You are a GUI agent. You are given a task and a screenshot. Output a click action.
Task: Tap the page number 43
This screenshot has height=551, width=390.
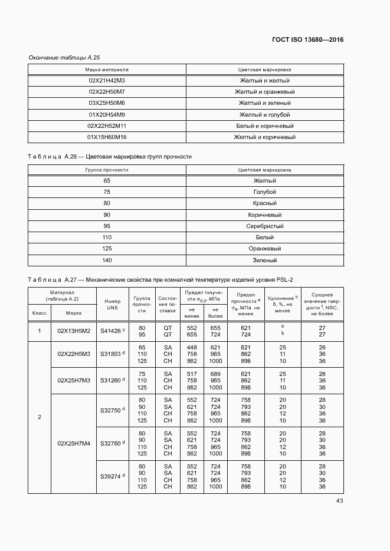pos(339,501)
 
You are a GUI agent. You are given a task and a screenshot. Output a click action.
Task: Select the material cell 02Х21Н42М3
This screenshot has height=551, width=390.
pos(107,81)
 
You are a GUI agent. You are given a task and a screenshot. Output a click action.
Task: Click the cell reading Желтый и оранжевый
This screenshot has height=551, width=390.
pos(264,92)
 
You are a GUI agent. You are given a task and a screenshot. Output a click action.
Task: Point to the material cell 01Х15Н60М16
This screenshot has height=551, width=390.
pos(107,137)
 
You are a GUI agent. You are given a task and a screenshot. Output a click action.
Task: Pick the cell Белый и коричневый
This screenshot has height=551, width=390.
pos(264,126)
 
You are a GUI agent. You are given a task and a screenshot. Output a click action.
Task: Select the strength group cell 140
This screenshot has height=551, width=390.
pos(107,260)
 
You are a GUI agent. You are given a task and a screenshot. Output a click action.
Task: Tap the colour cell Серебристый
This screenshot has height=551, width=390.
pos(264,226)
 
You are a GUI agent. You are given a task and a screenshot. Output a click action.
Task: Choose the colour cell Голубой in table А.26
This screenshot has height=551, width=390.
pos(264,192)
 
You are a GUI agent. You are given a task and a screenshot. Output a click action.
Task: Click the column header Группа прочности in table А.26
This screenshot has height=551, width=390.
pos(107,170)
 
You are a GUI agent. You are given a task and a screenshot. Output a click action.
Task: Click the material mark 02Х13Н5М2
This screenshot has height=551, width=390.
pos(74,331)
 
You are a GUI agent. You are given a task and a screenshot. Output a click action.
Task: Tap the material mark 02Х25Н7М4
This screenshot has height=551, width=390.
pos(74,443)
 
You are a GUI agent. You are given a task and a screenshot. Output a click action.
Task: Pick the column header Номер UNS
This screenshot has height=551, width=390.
pos(112,305)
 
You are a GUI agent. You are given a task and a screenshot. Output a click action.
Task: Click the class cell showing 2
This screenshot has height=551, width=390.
pos(40,417)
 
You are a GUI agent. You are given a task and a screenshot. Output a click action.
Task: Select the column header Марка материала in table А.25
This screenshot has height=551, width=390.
pos(107,70)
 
